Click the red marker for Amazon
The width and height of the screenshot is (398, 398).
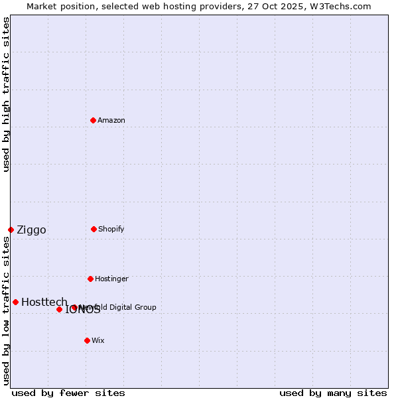(x=93, y=120)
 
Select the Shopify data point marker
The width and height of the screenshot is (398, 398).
(x=94, y=229)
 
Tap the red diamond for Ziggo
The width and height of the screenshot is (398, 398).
(x=11, y=230)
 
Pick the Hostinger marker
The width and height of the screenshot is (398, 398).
(x=90, y=279)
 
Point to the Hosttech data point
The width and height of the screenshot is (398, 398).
(x=15, y=302)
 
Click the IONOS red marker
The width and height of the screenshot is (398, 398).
(x=59, y=309)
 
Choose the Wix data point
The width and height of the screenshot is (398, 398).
(x=87, y=340)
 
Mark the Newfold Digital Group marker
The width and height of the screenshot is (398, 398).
(x=74, y=307)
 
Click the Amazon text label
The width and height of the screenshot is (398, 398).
(x=111, y=120)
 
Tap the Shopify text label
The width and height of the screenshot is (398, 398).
(x=111, y=229)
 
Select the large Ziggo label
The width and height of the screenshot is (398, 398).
(x=31, y=230)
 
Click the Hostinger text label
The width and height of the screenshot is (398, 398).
(x=111, y=279)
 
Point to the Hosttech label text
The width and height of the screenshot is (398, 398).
(x=44, y=302)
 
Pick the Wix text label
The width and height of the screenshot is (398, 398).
(x=98, y=340)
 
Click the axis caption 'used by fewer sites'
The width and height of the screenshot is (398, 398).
(x=68, y=393)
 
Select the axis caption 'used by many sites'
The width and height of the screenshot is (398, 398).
(x=333, y=393)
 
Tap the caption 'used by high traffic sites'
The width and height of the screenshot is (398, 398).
(x=6, y=94)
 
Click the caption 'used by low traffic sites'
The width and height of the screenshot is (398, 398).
(x=6, y=310)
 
